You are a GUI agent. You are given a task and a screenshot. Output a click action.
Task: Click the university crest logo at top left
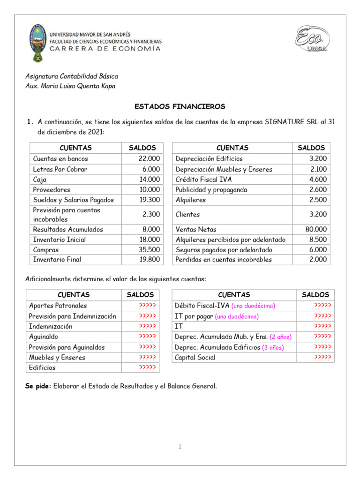point(36,43)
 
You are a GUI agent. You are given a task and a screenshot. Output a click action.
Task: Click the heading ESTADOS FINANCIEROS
point(180,106)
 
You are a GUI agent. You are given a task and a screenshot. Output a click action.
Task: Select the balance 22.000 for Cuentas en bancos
point(149,159)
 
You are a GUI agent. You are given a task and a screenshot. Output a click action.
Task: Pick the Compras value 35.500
point(149,250)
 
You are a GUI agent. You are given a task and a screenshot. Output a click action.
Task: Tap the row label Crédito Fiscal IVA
point(203,180)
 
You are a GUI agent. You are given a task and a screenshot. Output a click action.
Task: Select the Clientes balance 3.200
point(317,215)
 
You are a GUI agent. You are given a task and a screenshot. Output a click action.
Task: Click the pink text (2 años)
point(280,337)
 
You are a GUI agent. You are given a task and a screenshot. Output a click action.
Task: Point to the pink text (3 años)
point(273,347)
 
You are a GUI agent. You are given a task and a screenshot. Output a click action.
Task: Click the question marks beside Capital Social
point(322,358)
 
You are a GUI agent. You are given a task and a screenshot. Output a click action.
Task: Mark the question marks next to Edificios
point(147,368)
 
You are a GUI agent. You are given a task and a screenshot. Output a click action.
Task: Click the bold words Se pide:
point(38,386)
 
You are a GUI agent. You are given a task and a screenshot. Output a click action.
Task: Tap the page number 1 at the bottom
point(180,447)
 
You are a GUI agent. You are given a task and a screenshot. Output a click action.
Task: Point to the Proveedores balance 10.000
point(149,190)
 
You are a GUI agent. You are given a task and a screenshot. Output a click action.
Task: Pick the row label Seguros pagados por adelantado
point(224,250)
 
